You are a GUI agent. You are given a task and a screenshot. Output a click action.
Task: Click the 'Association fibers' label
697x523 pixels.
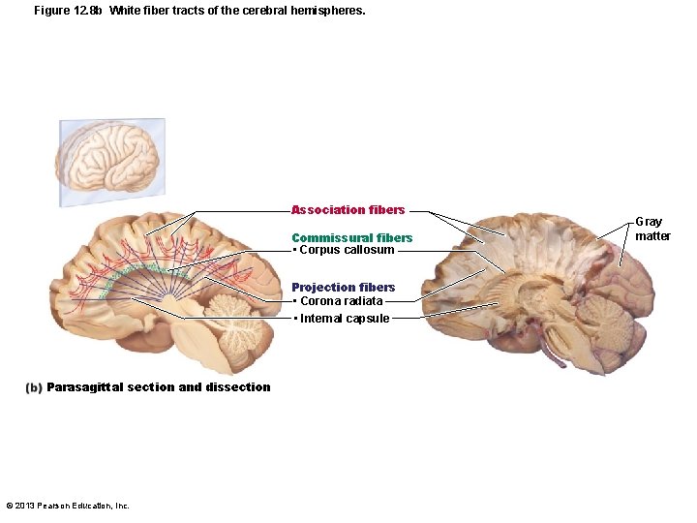[x=348, y=210]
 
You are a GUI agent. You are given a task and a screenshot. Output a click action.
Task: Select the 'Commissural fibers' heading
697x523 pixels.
[x=352, y=237]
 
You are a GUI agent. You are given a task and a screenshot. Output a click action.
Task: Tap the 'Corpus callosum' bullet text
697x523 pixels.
[x=347, y=250]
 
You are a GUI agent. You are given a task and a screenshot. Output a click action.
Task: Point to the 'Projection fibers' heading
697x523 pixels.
[x=344, y=287]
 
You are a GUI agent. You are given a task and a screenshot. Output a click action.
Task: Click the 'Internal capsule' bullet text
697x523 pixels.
[x=345, y=319]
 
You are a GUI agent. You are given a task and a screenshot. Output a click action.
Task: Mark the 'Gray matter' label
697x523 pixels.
[x=652, y=229]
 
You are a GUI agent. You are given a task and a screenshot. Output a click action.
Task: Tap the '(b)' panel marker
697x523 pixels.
[x=34, y=387]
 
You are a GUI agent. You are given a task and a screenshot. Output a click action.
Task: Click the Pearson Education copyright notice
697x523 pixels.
[x=68, y=506]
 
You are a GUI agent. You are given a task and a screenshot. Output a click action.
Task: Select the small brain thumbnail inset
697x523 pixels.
[x=111, y=162]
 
